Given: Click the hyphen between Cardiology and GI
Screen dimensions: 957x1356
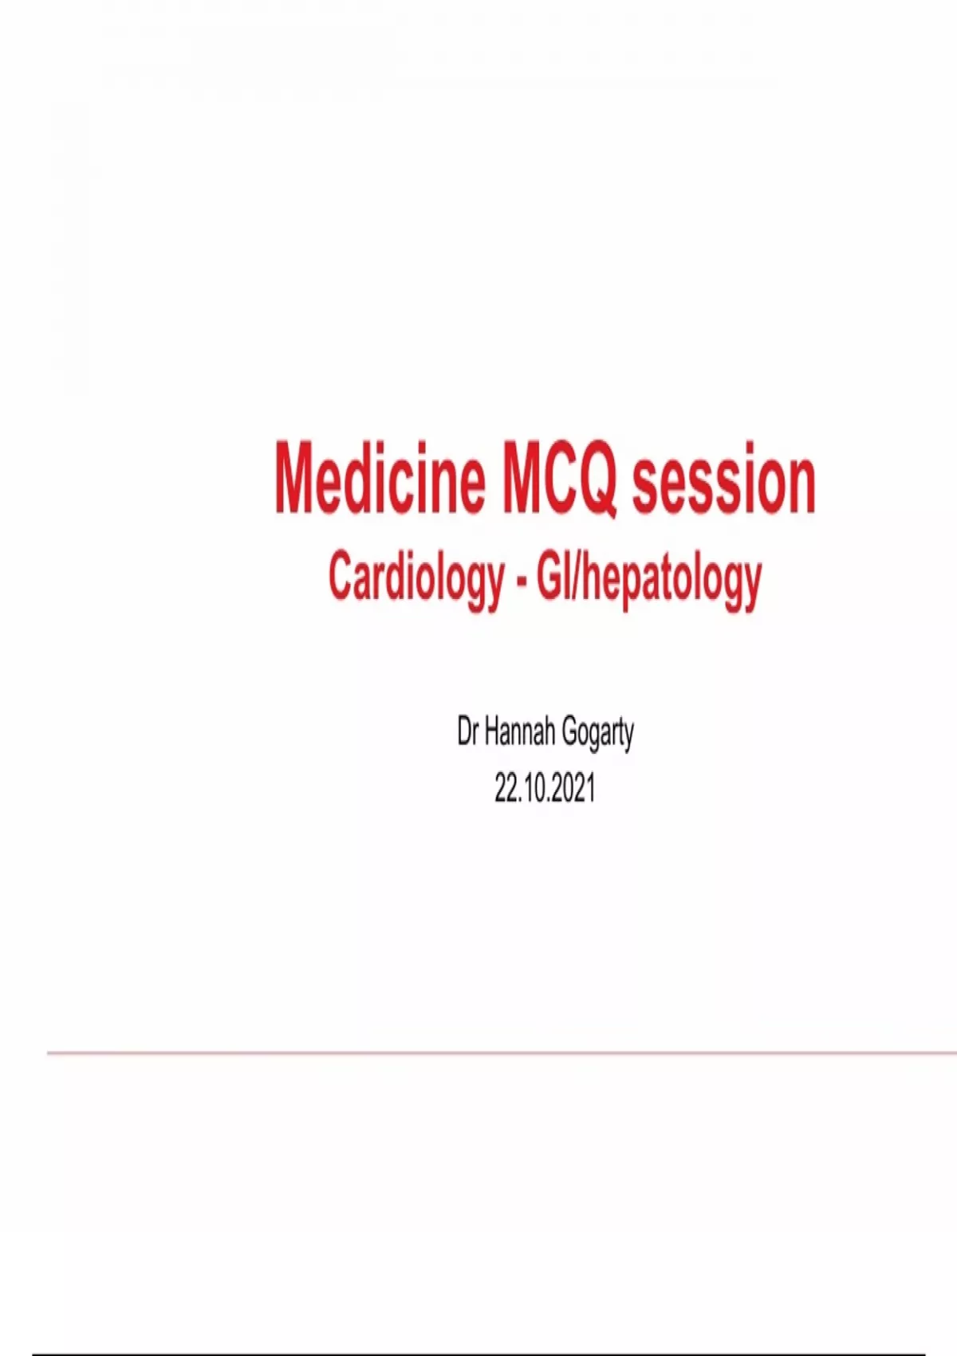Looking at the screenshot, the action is tap(522, 582).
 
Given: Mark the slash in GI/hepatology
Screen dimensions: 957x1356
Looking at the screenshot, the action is tap(577, 578).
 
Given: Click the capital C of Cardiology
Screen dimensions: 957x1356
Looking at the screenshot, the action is tap(342, 578).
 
